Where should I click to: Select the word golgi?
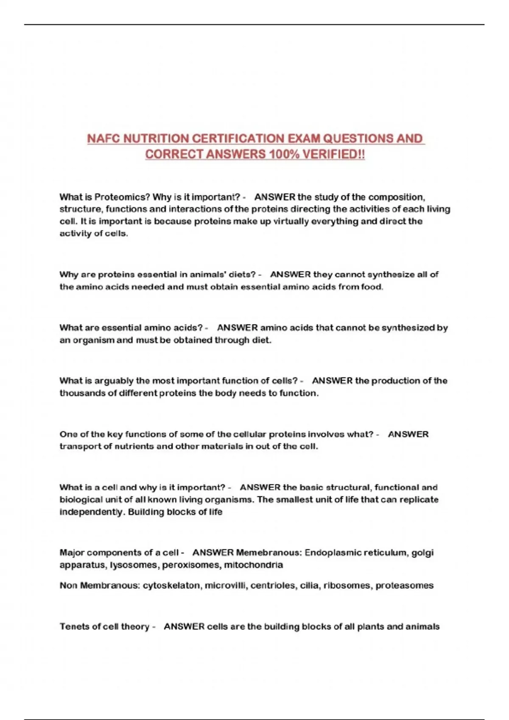[422, 553]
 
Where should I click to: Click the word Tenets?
[75, 626]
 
